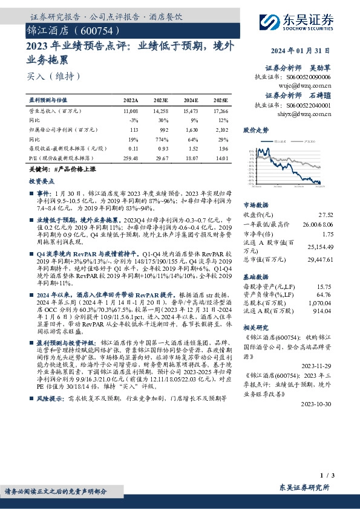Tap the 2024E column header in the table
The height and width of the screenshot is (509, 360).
[191, 100]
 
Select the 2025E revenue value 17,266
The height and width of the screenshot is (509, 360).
[220, 112]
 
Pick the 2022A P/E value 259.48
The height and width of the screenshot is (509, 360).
[129, 158]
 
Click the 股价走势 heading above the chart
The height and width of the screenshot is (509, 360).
[255, 130]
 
